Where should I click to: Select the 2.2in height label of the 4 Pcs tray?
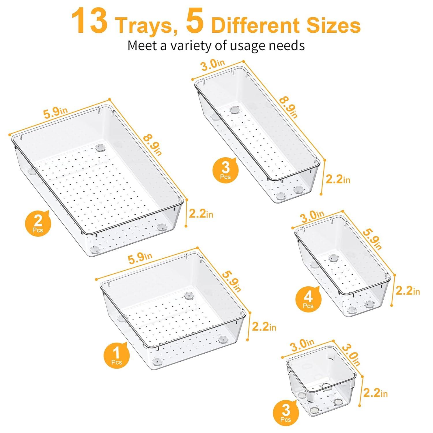[x=407, y=291]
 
